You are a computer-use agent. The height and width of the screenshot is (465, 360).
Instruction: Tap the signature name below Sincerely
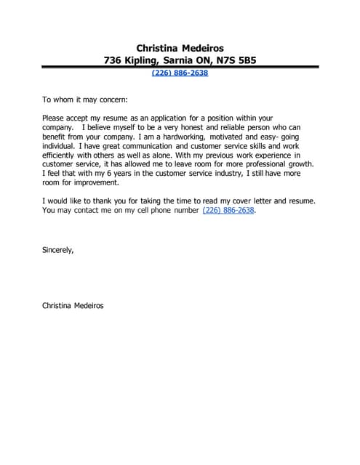73,306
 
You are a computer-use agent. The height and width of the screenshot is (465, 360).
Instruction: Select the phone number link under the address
180,73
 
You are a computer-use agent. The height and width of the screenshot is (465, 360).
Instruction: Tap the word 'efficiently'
61,155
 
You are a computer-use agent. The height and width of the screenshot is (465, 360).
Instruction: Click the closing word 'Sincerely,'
58,249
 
